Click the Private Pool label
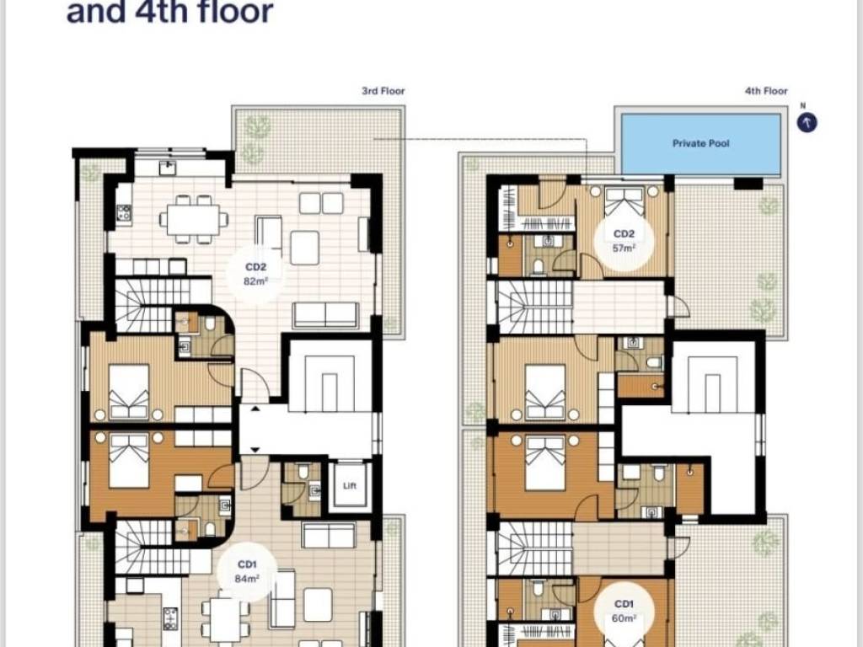click(700, 143)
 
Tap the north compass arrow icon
click(807, 123)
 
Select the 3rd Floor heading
click(383, 91)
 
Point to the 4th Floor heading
click(766, 91)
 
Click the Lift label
click(350, 485)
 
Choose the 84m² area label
click(247, 578)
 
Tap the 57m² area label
click(624, 249)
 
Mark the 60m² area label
click(624, 618)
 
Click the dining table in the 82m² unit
click(193, 219)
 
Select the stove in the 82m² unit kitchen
click(124, 213)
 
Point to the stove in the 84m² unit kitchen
click(170, 618)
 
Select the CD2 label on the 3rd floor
click(255, 267)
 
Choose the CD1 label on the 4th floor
click(624, 604)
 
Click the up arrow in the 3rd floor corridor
click(255, 409)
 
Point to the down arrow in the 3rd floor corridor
click(255, 450)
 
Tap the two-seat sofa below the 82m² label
click(325, 315)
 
